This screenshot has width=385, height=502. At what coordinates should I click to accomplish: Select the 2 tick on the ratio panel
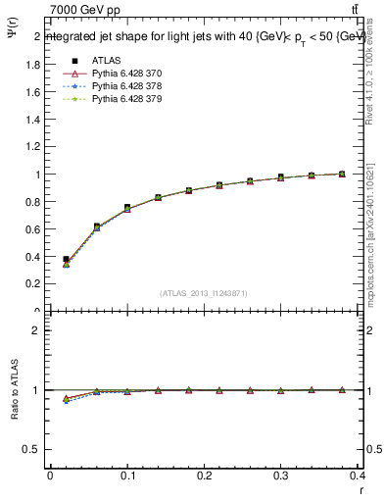[x=38, y=330]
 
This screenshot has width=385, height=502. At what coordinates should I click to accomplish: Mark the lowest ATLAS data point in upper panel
[x=66, y=260]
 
